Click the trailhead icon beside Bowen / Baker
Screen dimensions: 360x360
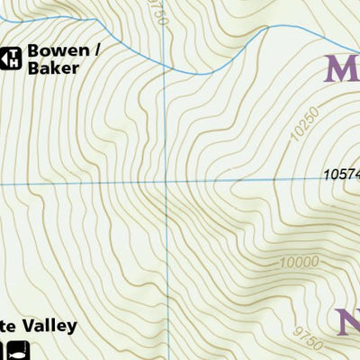click(x=12, y=58)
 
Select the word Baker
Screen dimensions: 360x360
click(x=51, y=68)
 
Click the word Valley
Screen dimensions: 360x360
click(x=48, y=327)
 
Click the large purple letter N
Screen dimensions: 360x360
click(x=348, y=322)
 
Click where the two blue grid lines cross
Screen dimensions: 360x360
click(x=166, y=183)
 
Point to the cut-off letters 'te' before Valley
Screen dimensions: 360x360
click(x=7, y=327)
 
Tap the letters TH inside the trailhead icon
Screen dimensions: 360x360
click(x=14, y=58)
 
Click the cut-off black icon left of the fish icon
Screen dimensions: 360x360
click(x=3, y=351)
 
